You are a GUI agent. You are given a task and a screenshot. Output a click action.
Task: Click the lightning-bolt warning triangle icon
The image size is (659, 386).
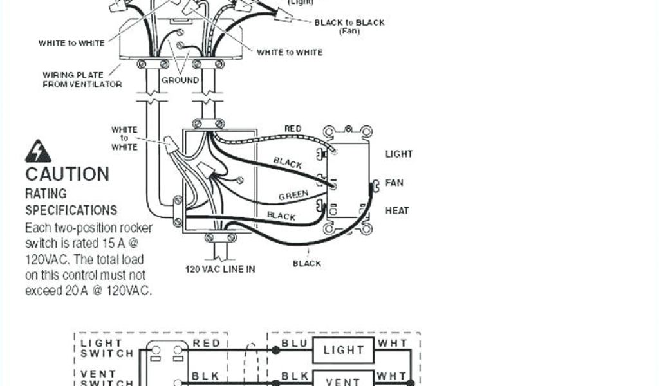[x=38, y=152]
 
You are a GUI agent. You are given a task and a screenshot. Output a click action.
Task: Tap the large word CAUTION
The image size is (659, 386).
[x=67, y=174]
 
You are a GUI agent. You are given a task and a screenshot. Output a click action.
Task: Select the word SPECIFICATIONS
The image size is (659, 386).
[x=71, y=210]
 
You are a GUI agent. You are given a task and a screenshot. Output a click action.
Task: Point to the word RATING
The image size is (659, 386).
[x=46, y=192]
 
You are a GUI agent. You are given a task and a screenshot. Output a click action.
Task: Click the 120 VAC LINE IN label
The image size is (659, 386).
[x=220, y=269]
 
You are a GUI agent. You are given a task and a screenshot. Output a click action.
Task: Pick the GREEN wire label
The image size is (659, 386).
[x=293, y=194]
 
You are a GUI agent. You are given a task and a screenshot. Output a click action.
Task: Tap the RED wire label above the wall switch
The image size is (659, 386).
[x=293, y=129]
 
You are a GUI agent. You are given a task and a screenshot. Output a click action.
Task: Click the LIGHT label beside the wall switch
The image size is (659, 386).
[x=399, y=154]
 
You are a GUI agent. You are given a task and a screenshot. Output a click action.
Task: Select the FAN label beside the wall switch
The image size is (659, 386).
[x=394, y=183]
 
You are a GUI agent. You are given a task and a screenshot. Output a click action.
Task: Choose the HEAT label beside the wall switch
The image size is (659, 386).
[x=397, y=210]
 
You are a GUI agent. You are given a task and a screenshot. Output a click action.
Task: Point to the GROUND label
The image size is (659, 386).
[x=180, y=80]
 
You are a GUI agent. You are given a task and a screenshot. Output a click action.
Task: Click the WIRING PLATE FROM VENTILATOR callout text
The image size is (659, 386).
[x=82, y=80]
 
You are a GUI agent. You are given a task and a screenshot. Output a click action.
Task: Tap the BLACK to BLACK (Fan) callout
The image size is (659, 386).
[x=349, y=26]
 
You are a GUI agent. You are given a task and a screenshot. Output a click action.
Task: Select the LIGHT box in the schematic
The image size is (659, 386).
[x=344, y=350]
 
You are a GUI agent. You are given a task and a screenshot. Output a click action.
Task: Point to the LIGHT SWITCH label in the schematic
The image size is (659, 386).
[x=107, y=349]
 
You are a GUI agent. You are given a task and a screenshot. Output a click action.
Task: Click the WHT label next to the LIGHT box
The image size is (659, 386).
[x=393, y=344]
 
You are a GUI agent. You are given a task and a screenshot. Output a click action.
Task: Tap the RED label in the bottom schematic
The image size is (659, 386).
[x=207, y=344]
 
